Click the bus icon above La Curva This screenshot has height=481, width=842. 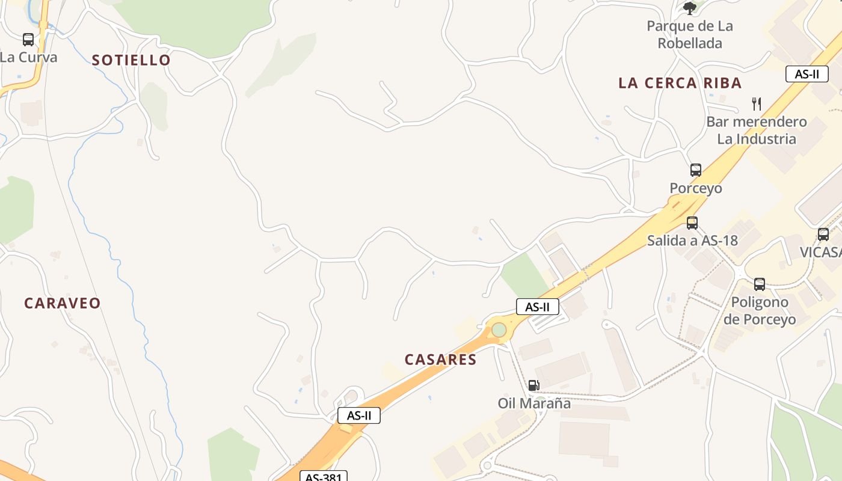pyautogui.click(x=28, y=40)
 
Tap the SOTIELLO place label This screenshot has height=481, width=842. pyautogui.click(x=131, y=60)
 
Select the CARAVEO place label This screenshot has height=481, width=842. pyautogui.click(x=62, y=303)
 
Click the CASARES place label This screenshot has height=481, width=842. pyautogui.click(x=440, y=360)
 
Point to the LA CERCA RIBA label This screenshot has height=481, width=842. pyautogui.click(x=680, y=83)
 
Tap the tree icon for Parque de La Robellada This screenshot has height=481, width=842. pyautogui.click(x=690, y=8)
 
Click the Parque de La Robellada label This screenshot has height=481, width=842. pyautogui.click(x=690, y=34)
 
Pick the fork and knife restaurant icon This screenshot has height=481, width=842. pyautogui.click(x=757, y=104)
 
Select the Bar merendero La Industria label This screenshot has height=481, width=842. pyautogui.click(x=757, y=130)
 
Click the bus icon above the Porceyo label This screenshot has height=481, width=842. pyautogui.click(x=696, y=170)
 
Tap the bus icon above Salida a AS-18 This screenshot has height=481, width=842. pyautogui.click(x=692, y=223)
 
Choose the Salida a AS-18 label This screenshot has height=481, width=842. pyautogui.click(x=692, y=240)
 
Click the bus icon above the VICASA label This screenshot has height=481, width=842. pyautogui.click(x=823, y=234)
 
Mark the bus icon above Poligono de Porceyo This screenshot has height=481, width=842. pyautogui.click(x=760, y=284)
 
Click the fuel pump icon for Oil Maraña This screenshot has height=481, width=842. pyautogui.click(x=533, y=385)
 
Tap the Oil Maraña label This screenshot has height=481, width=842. pyautogui.click(x=534, y=403)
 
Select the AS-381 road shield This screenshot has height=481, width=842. pyautogui.click(x=324, y=477)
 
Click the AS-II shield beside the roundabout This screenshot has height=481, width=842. pyautogui.click(x=537, y=307)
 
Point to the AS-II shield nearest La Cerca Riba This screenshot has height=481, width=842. pyautogui.click(x=807, y=74)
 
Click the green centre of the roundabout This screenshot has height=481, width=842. pyautogui.click(x=499, y=330)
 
